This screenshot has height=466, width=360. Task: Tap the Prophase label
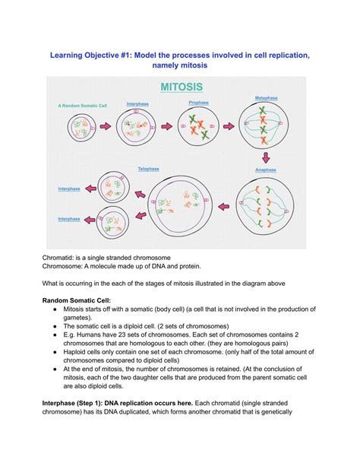tap(199, 103)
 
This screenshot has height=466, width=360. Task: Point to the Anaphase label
tap(266, 169)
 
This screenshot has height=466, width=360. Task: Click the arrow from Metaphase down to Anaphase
tap(266, 156)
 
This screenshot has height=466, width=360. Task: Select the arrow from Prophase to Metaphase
tap(226, 124)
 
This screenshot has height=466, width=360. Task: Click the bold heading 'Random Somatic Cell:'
tap(81, 300)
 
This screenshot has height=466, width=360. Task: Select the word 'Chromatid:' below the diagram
tap(62, 258)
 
